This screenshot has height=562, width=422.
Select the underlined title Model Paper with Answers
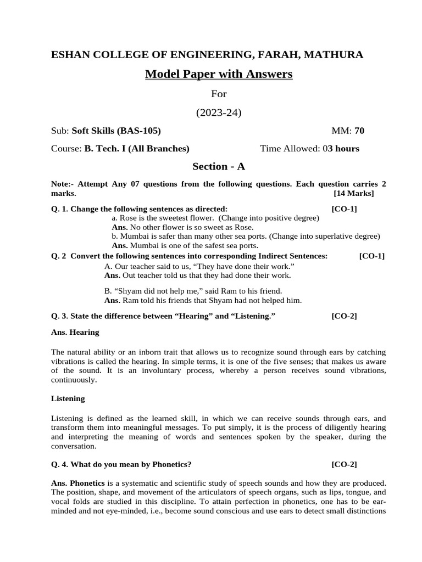pyautogui.click(x=219, y=74)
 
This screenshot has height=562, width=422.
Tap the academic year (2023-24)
pyautogui.click(x=219, y=113)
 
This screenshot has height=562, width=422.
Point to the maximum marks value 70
pyautogui.click(x=359, y=131)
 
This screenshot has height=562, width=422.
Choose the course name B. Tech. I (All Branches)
pyautogui.click(x=136, y=148)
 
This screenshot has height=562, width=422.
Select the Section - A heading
pyautogui.click(x=218, y=166)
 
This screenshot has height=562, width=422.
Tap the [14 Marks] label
pyautogui.click(x=354, y=193)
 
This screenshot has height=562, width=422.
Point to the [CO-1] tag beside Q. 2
pyautogui.click(x=372, y=256)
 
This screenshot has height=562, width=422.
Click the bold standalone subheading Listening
pyautogui.click(x=68, y=398)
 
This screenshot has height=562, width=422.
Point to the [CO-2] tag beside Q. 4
pyautogui.click(x=344, y=464)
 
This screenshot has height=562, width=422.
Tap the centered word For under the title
pyautogui.click(x=219, y=94)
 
